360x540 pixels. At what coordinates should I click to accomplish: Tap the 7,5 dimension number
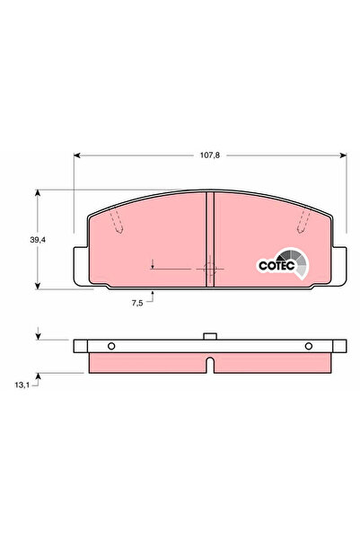click(137, 304)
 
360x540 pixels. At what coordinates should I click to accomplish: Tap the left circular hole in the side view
click(110, 346)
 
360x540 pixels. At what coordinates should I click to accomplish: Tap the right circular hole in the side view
click(308, 346)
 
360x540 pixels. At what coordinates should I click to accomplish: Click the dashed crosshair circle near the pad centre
click(211, 268)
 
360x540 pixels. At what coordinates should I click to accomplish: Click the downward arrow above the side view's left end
click(38, 336)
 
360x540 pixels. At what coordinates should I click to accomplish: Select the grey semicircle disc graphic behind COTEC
click(299, 261)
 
